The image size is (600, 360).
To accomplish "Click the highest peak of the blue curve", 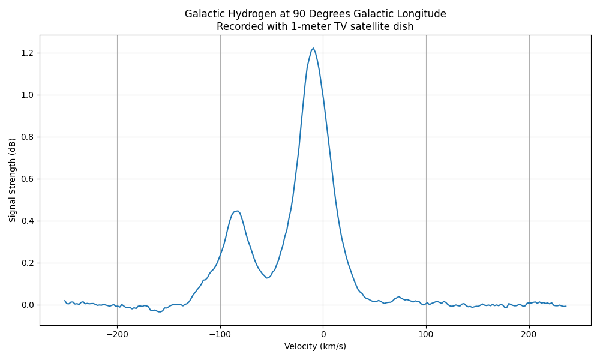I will pos(313,48).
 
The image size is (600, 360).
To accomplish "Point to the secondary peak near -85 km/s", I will pos(238,211).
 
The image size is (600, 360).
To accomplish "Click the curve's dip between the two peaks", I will pos(267,277).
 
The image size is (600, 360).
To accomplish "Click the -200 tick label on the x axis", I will pos(117,334).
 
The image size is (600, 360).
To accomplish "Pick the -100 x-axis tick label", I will pos(220,334).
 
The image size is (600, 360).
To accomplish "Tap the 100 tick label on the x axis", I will pos(426,334).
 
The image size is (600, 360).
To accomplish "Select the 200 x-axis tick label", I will pos(529,334).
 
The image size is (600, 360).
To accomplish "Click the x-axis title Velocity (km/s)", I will pos(315,346).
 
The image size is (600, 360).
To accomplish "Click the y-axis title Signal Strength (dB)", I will pos(13,180).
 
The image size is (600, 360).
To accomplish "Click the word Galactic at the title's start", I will pos(203,14).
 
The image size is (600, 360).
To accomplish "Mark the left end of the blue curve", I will pos(65,301).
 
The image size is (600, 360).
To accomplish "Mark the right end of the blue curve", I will pos(566,306).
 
